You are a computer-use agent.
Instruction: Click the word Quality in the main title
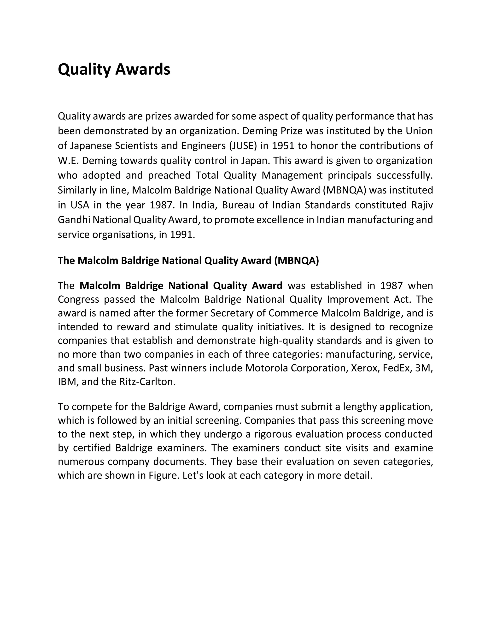(84, 70)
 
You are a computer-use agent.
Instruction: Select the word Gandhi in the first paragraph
(74, 220)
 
